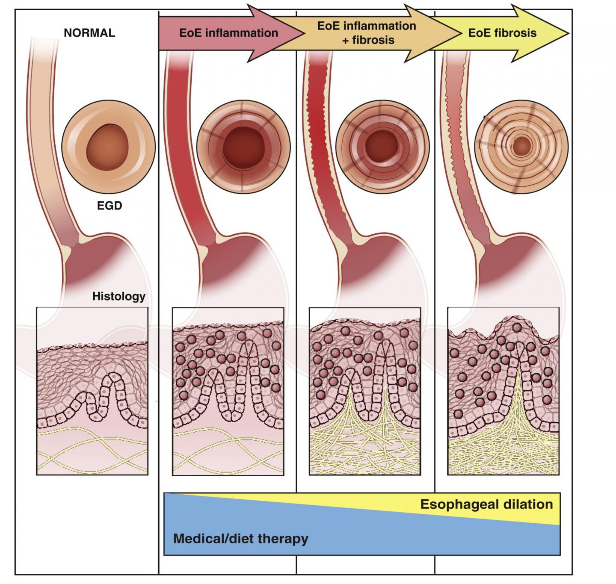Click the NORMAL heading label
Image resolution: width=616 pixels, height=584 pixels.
tap(89, 33)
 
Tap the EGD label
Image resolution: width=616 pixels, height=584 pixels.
tap(110, 206)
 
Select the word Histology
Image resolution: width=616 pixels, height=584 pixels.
tap(119, 296)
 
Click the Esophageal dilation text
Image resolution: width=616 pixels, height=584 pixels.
tap(486, 504)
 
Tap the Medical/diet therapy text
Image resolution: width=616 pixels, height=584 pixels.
tap(240, 538)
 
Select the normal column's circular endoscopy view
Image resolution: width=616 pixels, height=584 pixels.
tap(108, 146)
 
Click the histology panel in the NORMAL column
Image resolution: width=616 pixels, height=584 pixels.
tap(92, 391)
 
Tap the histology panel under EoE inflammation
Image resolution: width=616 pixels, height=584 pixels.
tap(228, 391)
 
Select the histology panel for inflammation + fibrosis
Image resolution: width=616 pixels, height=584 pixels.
tap(365, 391)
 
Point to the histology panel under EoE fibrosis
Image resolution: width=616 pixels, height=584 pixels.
tap(503, 391)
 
